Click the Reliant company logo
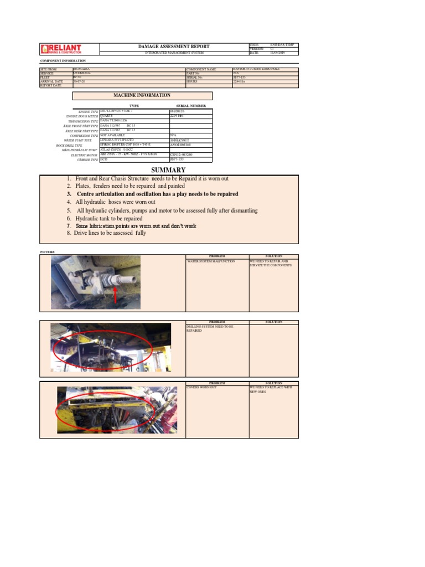(x=61, y=49)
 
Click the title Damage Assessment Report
(x=173, y=47)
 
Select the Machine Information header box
(x=142, y=95)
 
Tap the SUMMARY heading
(x=169, y=170)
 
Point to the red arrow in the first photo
(x=115, y=295)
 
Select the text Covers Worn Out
(x=202, y=387)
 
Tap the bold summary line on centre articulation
(x=153, y=194)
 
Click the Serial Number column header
(x=191, y=106)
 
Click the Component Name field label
(x=200, y=69)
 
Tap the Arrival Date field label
(x=52, y=81)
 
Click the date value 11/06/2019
(x=277, y=53)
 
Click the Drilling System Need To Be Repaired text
(x=210, y=329)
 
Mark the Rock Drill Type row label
(x=81, y=145)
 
